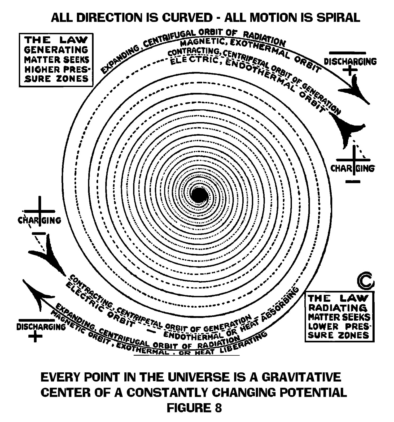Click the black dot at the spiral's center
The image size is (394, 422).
pos(197,195)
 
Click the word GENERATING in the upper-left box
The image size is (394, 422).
pos(56,50)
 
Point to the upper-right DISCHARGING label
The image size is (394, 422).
pos(350,62)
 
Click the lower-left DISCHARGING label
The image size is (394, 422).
pos(41,326)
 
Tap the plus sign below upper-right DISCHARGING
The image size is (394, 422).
pos(350,70)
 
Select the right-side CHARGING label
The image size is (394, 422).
pos(353,168)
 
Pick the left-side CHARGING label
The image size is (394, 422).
pos(40,220)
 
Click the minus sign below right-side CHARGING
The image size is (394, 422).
pos(353,182)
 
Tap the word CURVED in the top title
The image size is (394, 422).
pos(184,18)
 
